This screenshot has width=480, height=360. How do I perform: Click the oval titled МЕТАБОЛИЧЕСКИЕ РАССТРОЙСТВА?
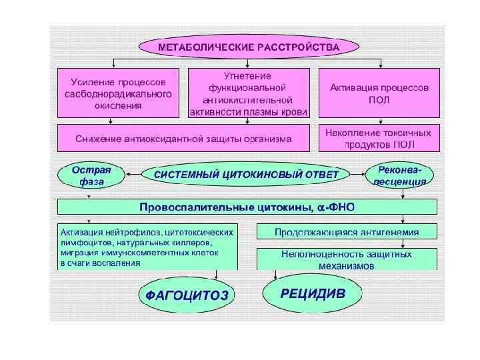pyautogui.click(x=248, y=47)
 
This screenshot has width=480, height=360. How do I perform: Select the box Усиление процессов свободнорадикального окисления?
pyautogui.click(x=118, y=93)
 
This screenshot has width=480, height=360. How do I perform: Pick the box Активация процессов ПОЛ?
pyautogui.click(x=379, y=93)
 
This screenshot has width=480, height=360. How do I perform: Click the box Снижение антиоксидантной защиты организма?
pyautogui.click(x=183, y=139)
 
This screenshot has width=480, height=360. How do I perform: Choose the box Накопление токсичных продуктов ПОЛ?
pyautogui.click(x=379, y=139)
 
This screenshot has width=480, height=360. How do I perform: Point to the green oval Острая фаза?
pyautogui.click(x=90, y=175)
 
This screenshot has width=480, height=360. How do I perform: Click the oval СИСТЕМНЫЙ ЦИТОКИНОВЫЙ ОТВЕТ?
pyautogui.click(x=247, y=175)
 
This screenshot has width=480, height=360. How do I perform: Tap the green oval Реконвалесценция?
pyautogui.click(x=400, y=175)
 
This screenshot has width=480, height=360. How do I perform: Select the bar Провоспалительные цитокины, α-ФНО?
pyautogui.click(x=247, y=207)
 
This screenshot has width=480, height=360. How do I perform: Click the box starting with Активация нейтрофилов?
pyautogui.click(x=147, y=247)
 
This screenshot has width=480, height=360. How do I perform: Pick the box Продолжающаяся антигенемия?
pyautogui.click(x=347, y=232)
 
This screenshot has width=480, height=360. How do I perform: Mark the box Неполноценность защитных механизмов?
pyautogui.click(x=347, y=259)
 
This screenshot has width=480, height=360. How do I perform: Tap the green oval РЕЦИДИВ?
pyautogui.click(x=313, y=293)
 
